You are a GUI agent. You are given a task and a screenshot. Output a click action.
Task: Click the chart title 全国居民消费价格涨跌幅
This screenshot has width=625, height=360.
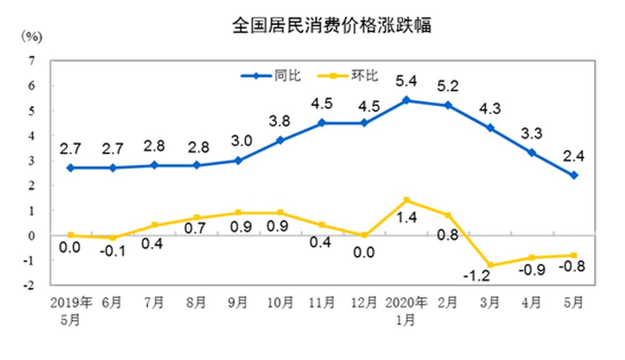tap(331, 26)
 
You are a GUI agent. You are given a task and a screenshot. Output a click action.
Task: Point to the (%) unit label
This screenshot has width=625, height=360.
tap(31, 36)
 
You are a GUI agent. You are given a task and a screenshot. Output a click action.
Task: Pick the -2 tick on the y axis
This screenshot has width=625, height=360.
tap(29, 285)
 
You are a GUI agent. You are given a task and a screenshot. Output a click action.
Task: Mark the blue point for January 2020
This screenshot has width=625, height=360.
tap(406, 100)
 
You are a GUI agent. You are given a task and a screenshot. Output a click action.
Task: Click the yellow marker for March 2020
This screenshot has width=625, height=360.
tap(490, 265)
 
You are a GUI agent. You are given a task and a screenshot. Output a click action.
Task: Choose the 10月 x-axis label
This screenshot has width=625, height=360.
tap(281, 303)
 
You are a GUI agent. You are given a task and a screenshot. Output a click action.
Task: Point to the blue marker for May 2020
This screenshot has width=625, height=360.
tap(574, 175)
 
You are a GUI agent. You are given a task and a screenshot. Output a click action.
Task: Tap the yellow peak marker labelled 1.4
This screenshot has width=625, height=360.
tap(406, 200)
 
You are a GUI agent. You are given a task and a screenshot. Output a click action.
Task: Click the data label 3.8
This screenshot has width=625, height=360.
tap(281, 121)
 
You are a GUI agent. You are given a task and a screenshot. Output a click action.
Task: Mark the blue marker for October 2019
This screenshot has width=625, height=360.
tap(281, 140)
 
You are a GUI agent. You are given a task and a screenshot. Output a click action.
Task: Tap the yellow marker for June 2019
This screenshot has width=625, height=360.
tap(112, 237)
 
